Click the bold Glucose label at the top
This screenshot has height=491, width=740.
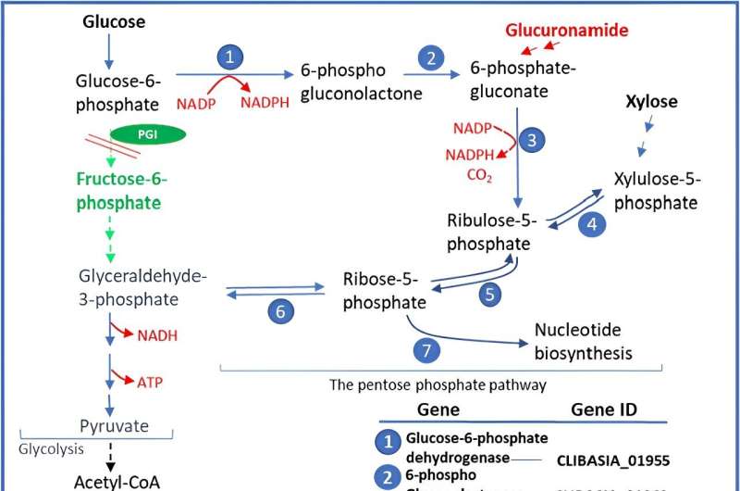[x=114, y=21]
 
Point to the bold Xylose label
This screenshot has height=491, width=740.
[x=651, y=101]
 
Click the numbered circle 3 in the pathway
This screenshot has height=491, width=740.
[x=532, y=141]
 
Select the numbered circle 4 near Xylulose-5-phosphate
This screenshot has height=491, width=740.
[x=592, y=223]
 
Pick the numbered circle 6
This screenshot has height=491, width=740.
[x=282, y=311]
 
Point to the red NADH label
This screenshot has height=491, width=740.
[x=157, y=335]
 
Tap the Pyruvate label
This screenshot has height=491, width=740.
[x=111, y=427]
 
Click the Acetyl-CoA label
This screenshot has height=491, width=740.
[x=111, y=481]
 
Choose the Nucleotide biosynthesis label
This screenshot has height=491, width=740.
[x=584, y=341]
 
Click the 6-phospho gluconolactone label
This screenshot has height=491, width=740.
[x=361, y=82]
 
